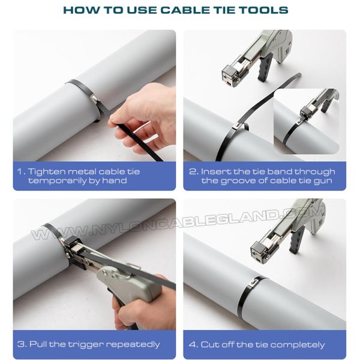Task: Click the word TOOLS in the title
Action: pos(264,10)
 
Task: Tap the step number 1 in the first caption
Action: pos(20,172)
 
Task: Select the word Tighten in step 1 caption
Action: pos(46,172)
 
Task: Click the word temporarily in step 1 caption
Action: pos(57,181)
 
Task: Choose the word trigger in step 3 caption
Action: pos(86,344)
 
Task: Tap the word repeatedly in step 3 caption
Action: pos(133,344)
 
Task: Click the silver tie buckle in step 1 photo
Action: pos(95,99)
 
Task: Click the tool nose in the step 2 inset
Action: pos(306,112)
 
